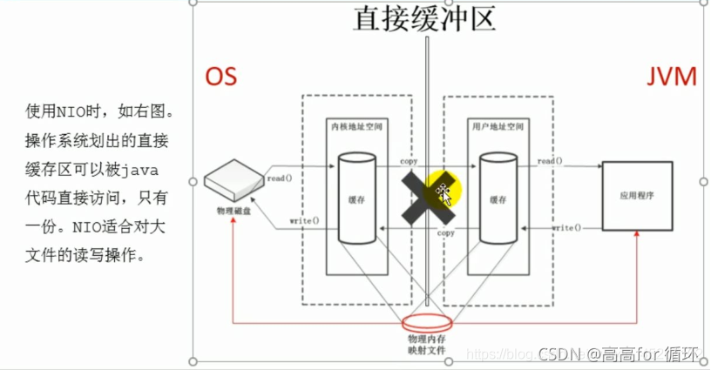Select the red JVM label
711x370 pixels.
[671, 77]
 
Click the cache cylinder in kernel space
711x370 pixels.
[357, 198]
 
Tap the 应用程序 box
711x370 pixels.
[636, 195]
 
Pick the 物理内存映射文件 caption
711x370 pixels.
[426, 343]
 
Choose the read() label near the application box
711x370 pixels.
[550, 162]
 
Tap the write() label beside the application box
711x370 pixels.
[565, 228]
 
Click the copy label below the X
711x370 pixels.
[446, 233]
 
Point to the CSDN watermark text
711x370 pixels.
[620, 354]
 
